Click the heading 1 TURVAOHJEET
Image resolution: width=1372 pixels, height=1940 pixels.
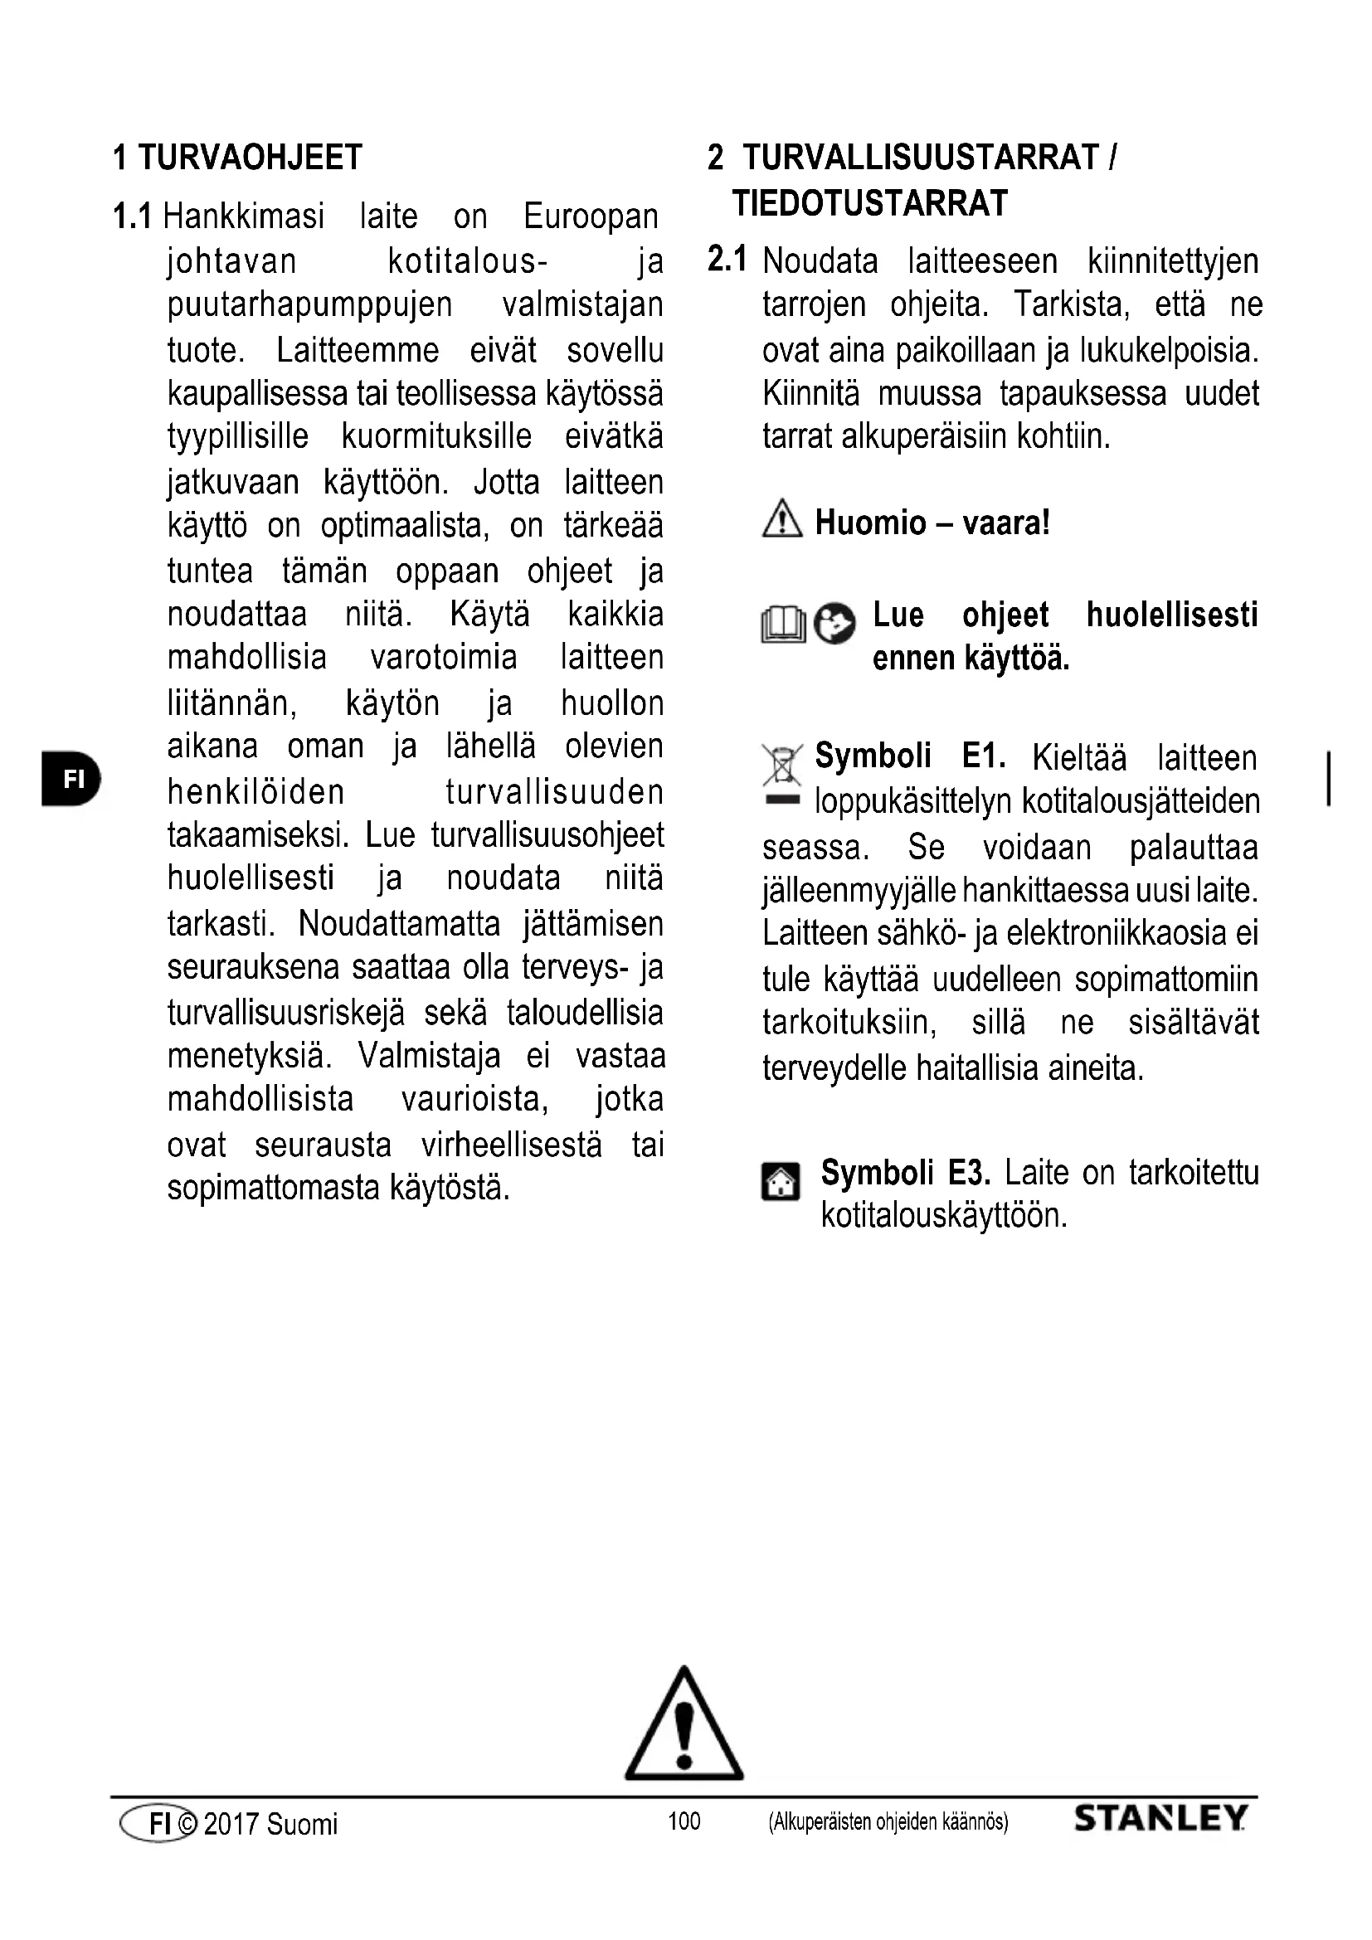[237, 158]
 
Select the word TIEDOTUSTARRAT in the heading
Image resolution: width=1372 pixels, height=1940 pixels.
[870, 204]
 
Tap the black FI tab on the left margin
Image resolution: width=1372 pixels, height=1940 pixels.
[71, 778]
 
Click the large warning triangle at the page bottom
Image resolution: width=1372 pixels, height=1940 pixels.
[684, 1726]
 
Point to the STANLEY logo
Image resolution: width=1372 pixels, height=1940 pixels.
[1160, 1818]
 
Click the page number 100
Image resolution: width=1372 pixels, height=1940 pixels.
[684, 1821]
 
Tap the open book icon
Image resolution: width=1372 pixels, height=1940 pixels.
[783, 626]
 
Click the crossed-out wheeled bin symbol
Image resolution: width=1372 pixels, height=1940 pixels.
[781, 766]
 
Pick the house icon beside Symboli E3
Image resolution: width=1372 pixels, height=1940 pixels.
[781, 1181]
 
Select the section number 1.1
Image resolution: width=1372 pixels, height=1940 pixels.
[133, 217]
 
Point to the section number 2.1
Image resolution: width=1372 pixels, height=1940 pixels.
[727, 260]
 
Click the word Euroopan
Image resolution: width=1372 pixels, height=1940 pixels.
[591, 217]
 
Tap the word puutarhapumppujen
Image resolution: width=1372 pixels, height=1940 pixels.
[310, 305]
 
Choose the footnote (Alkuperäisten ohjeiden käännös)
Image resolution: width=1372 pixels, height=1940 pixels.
[888, 1821]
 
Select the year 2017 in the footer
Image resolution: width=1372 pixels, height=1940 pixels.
[230, 1824]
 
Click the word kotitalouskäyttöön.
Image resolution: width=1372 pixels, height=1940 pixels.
[944, 1216]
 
